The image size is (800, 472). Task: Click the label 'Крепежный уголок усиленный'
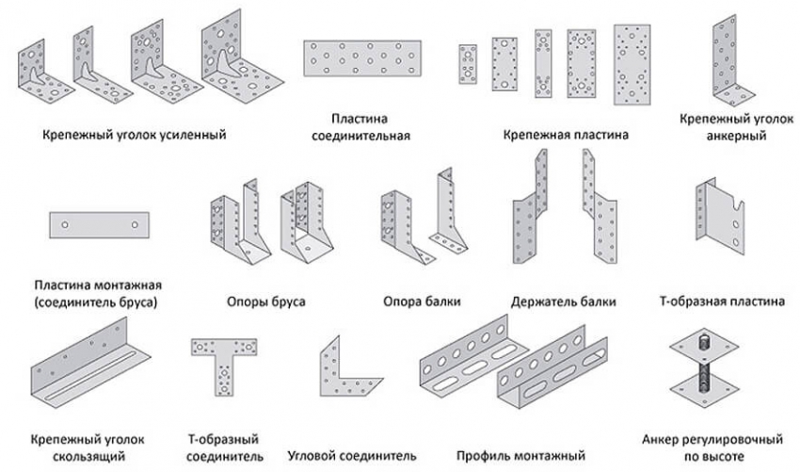(134, 134)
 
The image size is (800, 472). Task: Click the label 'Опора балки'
(422, 302)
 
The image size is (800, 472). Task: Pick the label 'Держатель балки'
(564, 302)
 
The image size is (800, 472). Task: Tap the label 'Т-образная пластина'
(721, 302)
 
